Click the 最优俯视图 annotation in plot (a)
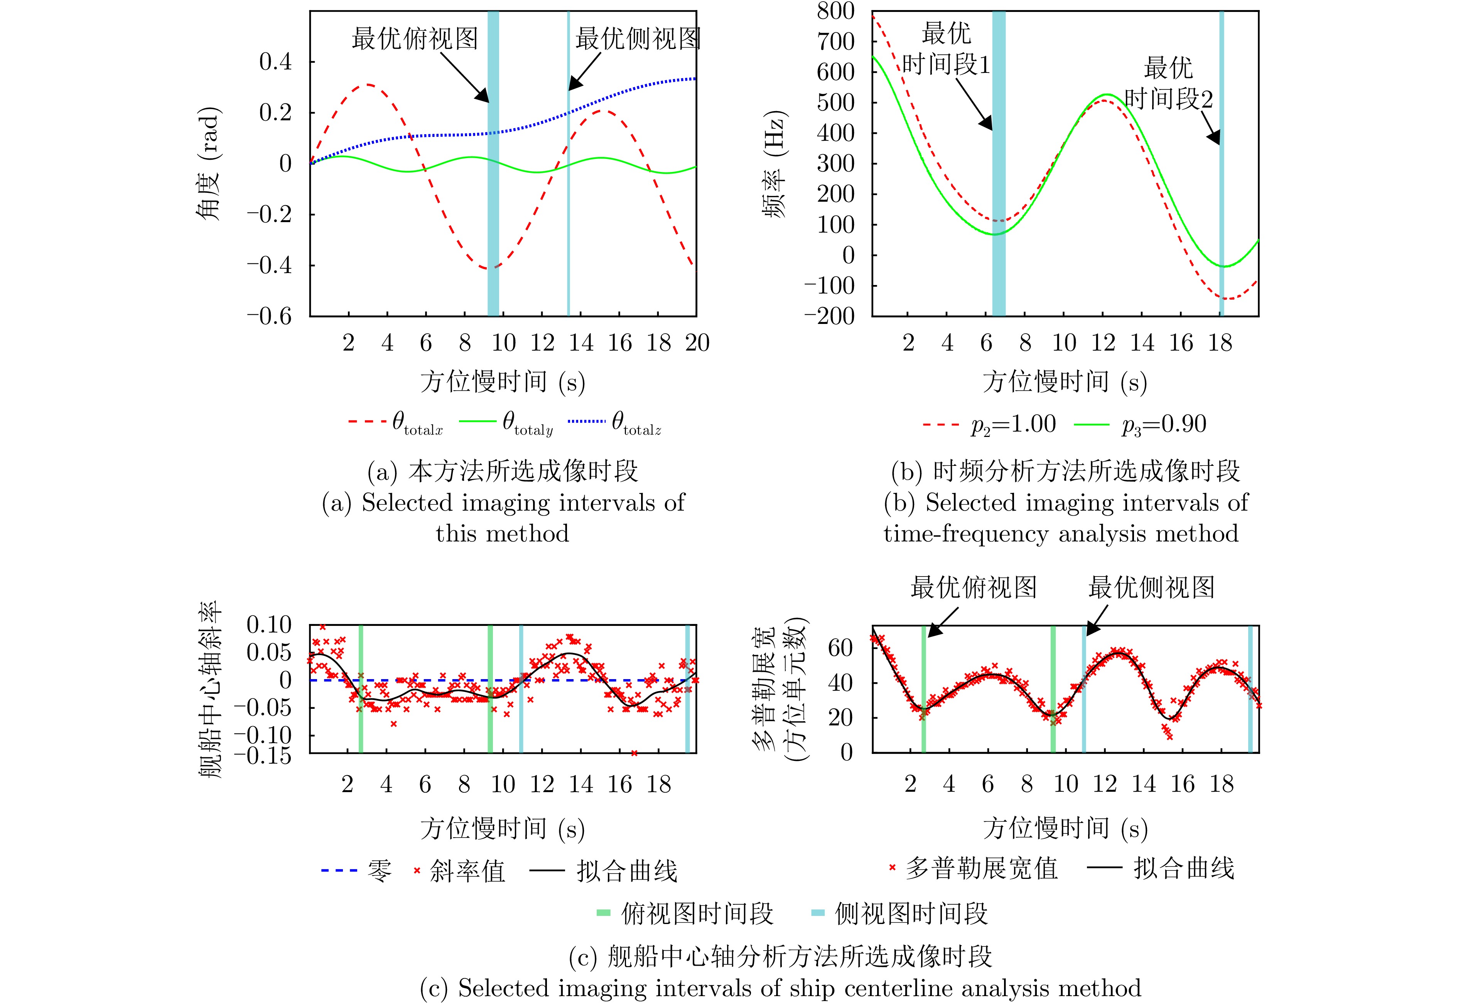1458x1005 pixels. point(414,39)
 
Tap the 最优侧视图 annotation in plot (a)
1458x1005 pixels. point(637,39)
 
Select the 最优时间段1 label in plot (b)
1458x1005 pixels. point(946,49)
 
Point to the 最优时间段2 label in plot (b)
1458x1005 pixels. point(1168,83)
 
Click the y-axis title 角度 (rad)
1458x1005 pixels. point(208,164)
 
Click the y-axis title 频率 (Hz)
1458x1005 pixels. point(775,164)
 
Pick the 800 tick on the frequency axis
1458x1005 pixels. point(835,11)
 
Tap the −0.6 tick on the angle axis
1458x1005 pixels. point(270,315)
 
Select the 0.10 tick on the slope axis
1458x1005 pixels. point(270,625)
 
